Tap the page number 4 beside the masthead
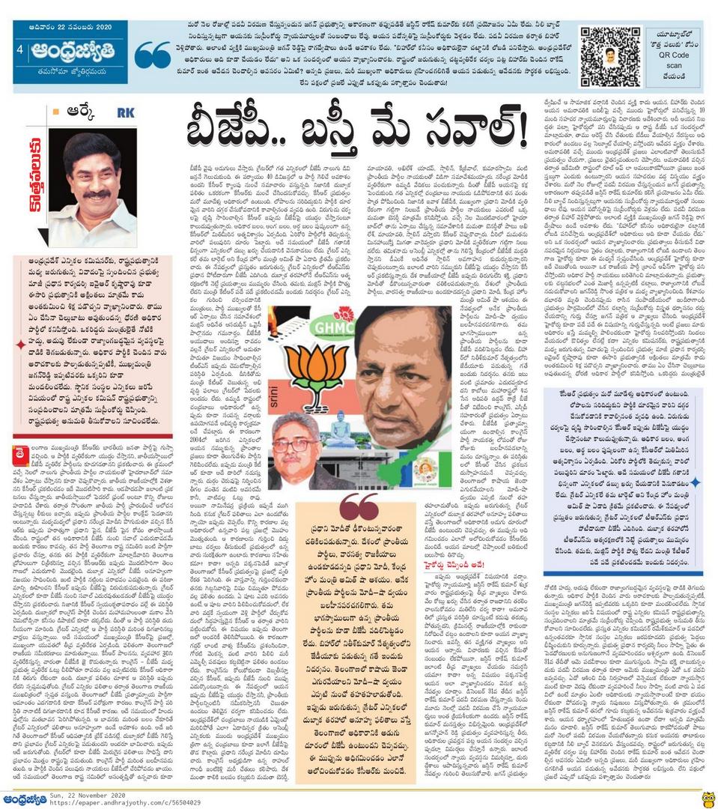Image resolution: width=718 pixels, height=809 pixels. (x=19, y=49)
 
